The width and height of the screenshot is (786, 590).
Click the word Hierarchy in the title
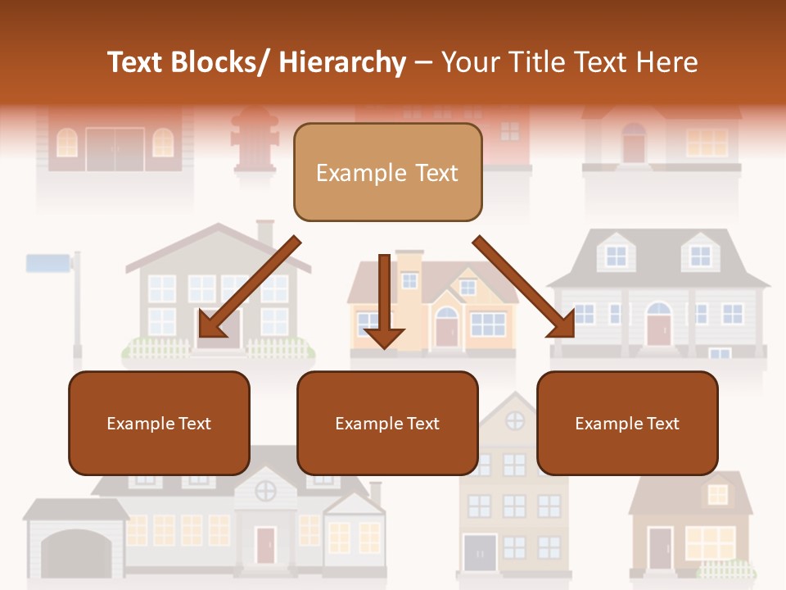click(342, 62)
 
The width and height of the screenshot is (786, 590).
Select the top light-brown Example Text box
click(387, 172)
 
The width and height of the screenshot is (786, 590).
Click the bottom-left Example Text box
click(159, 423)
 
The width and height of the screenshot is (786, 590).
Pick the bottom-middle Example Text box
click(387, 423)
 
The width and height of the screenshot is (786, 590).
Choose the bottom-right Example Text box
click(627, 423)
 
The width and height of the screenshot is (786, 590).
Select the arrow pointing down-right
click(525, 286)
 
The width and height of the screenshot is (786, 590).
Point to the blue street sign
click(49, 263)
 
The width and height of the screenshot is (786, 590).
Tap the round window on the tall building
click(515, 420)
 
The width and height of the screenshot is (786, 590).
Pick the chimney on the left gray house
click(264, 233)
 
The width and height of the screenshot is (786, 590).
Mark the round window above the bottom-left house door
click(265, 491)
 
